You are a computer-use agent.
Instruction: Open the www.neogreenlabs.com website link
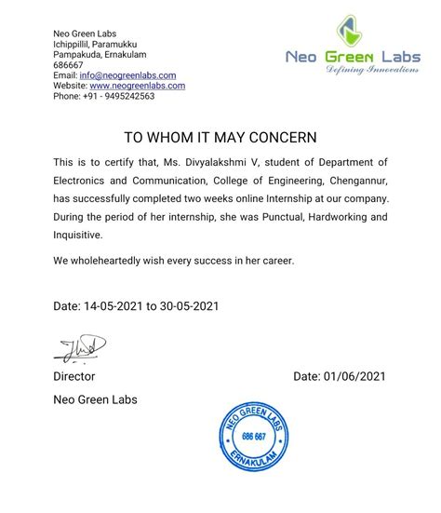tap(137, 86)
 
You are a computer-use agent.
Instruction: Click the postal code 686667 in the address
tap(68, 65)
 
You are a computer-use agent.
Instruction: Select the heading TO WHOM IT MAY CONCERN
tap(220, 137)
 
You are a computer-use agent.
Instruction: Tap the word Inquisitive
tap(80, 236)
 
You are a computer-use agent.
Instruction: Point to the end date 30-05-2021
tap(190, 305)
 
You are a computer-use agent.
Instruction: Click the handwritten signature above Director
tap(79, 349)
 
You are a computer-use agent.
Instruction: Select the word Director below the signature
tap(73, 376)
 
